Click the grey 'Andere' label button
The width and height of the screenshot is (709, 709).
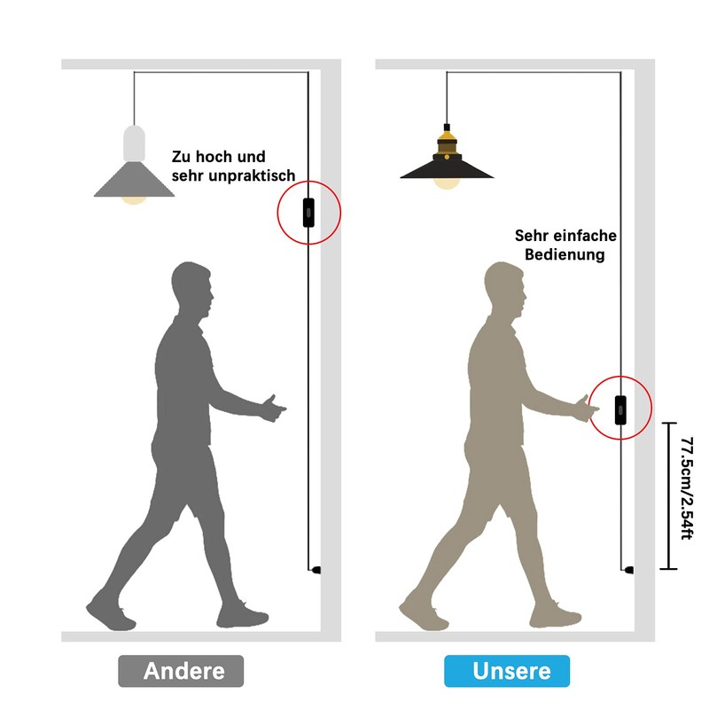click(181, 671)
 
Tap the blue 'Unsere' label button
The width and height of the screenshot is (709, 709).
click(507, 671)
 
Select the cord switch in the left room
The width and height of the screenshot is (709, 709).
click(308, 213)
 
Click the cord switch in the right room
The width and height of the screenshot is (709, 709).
click(621, 410)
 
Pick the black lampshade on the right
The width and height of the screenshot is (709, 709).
click(447, 168)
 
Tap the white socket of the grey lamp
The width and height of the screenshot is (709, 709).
click(135, 144)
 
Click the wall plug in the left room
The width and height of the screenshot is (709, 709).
click(316, 570)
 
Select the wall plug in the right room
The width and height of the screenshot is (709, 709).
click(628, 570)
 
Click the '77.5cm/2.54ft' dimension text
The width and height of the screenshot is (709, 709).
click(687, 488)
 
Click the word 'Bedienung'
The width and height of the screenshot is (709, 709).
click(565, 254)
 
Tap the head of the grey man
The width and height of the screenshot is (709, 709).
click(192, 290)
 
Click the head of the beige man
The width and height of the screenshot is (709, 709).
click(504, 290)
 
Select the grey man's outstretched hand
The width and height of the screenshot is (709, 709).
click(273, 409)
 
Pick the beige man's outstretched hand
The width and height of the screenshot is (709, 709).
click(587, 409)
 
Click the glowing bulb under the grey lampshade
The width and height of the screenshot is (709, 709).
click(135, 200)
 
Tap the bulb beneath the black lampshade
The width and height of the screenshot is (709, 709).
click(447, 183)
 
